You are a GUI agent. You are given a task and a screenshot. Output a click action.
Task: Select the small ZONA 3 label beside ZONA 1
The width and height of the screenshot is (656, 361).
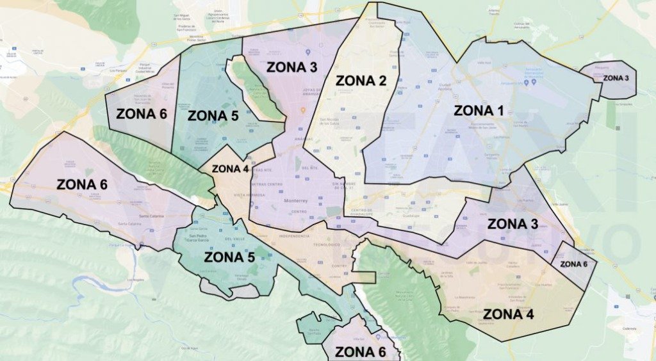(616, 78)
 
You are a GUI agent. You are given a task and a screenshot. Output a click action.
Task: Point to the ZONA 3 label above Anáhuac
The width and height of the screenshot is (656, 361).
(291, 67)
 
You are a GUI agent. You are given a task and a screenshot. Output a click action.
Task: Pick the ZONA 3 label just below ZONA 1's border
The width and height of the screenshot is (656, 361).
(512, 224)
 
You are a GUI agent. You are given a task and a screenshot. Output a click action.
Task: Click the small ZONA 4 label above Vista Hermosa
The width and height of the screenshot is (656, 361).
(230, 169)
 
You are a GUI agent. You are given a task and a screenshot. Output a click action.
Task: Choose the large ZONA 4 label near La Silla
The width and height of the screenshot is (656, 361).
(507, 314)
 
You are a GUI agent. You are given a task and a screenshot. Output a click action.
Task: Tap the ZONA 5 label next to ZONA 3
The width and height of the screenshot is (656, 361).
(213, 116)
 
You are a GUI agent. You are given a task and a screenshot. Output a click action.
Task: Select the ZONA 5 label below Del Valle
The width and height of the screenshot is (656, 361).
(229, 257)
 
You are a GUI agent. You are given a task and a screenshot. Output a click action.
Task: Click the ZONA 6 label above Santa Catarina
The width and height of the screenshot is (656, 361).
(82, 184)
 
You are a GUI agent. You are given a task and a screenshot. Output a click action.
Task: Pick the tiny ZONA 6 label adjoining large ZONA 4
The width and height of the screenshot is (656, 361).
(573, 264)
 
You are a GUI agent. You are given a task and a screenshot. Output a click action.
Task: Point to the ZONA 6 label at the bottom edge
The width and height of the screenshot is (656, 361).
(361, 351)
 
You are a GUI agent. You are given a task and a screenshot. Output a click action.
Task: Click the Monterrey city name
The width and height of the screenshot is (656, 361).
(295, 200)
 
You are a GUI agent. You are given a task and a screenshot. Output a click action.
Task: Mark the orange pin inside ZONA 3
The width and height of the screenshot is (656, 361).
(303, 109)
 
